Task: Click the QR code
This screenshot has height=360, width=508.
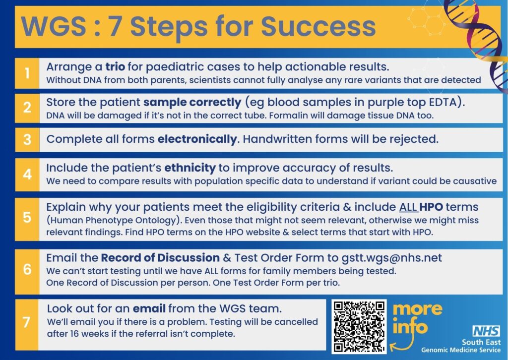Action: [x=359, y=326]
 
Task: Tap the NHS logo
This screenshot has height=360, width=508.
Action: [x=486, y=331]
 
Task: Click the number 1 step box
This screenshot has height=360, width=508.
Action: [x=27, y=73]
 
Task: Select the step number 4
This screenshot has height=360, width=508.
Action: [x=27, y=175]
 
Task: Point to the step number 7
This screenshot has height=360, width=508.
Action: [x=27, y=322]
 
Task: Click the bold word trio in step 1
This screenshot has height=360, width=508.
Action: [x=115, y=66]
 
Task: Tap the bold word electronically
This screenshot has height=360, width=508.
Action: [x=197, y=139]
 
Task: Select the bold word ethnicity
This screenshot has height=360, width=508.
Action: [x=190, y=168]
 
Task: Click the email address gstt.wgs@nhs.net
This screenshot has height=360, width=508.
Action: [x=392, y=258]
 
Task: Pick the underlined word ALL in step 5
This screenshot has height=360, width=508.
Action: [x=409, y=207]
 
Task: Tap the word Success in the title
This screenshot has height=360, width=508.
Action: [x=318, y=26]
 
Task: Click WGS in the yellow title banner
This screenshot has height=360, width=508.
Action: [x=54, y=26]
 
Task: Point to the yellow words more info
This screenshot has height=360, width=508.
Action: [x=417, y=318]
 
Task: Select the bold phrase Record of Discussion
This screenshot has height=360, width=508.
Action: [x=160, y=258]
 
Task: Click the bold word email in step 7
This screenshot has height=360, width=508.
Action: [x=149, y=308]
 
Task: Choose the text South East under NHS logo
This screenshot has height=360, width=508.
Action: [x=481, y=342]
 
